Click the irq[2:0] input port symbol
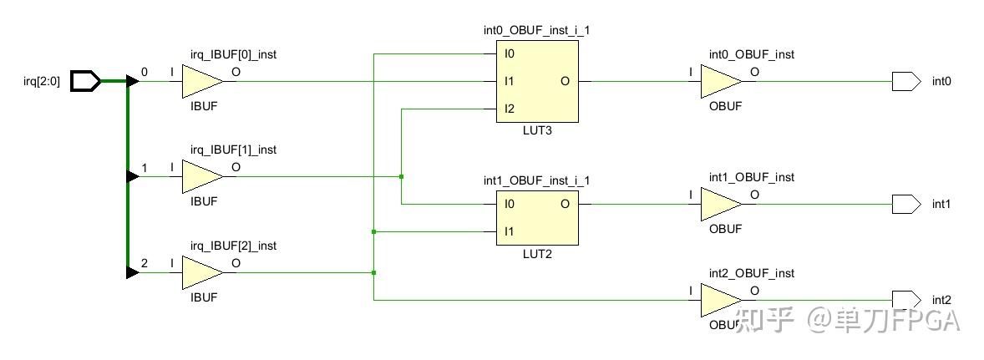[84, 81]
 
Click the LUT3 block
[537, 82]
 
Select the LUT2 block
[537, 218]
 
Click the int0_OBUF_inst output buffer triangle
[721, 81]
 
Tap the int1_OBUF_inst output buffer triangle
[721, 204]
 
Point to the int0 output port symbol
[906, 81]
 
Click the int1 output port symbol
[906, 204]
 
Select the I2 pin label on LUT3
[509, 109]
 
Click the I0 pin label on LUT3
[509, 54]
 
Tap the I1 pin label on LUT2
[509, 231]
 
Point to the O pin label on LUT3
[566, 82]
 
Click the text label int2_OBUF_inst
[752, 273]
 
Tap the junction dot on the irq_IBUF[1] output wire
[401, 176]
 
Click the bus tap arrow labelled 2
[133, 272]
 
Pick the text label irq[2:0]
[42, 82]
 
